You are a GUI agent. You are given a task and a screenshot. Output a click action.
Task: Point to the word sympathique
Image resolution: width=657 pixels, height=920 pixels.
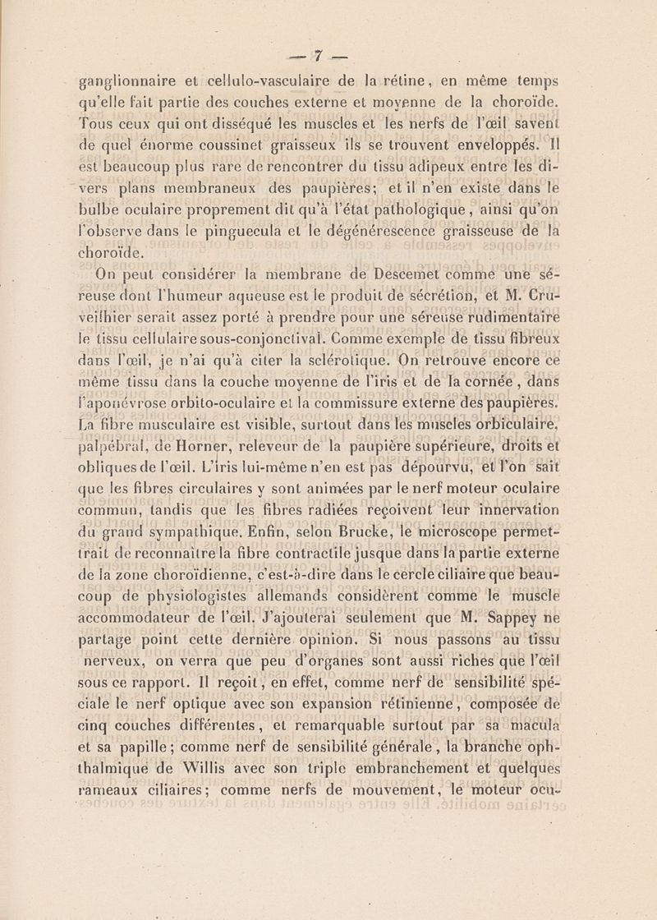click(202, 536)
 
